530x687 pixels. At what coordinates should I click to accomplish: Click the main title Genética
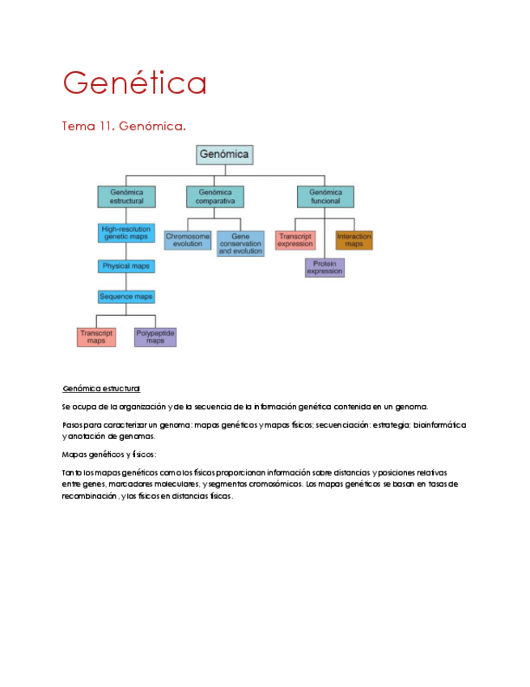(134, 83)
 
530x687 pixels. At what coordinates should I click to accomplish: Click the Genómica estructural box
(126, 197)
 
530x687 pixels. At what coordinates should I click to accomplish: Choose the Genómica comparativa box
(214, 197)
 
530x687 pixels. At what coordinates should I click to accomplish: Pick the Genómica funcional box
(325, 197)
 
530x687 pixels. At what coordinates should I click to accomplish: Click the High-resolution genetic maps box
(126, 233)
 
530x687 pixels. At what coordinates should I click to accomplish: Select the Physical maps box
(126, 266)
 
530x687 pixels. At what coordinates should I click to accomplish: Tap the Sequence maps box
(126, 297)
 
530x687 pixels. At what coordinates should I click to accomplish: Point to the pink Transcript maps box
(96, 336)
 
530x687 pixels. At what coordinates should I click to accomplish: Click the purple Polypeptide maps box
(155, 336)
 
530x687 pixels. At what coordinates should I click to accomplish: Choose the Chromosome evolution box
(188, 240)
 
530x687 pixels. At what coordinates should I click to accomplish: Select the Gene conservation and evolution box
(240, 243)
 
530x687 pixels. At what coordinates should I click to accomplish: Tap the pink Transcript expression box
(295, 240)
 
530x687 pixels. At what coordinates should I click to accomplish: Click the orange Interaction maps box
(354, 240)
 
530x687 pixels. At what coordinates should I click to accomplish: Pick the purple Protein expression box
(324, 267)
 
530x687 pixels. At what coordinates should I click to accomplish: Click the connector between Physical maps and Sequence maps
(126, 281)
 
